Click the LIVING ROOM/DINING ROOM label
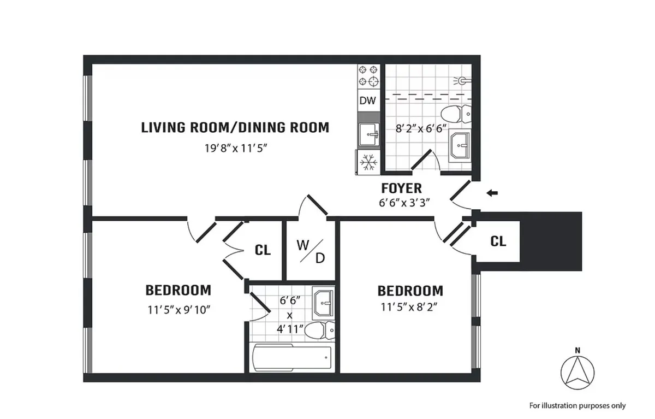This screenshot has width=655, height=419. pos(235,128)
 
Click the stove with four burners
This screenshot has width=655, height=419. pos(368,76)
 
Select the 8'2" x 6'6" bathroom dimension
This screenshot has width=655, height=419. pos(421,129)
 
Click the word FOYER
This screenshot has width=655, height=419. pos(401,188)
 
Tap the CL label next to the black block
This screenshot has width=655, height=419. pos(498,241)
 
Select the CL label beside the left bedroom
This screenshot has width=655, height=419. pos(263,250)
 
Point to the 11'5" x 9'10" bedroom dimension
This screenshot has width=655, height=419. pos(178,309)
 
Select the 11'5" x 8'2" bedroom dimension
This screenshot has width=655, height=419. pos(410,307)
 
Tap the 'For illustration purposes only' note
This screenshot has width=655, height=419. pos(577,405)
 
